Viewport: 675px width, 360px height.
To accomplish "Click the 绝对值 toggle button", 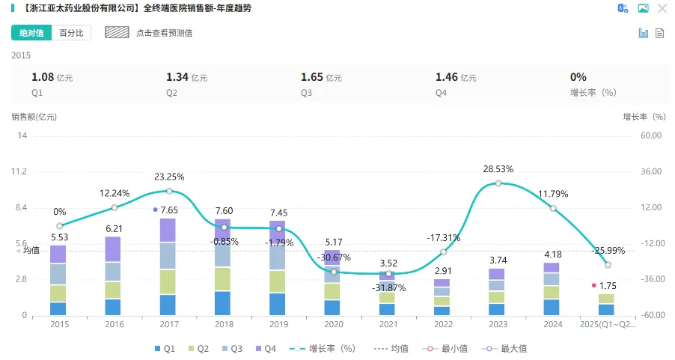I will click(31, 33).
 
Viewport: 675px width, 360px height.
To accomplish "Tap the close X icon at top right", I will click(662, 8).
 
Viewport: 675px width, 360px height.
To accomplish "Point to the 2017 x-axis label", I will click(168, 325).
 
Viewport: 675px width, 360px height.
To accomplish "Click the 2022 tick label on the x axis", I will click(442, 325).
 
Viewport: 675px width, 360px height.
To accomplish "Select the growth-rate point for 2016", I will click(114, 207).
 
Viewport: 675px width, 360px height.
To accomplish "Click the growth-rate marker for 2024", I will click(553, 208).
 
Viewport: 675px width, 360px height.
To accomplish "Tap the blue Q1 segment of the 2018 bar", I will click(223, 303).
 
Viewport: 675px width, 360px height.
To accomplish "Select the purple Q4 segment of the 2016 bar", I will click(114, 249).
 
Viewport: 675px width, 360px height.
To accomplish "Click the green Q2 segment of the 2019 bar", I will click(278, 281).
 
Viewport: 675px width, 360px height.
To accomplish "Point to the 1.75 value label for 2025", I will click(608, 286).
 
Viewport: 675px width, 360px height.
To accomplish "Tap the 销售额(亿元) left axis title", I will click(34, 117).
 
